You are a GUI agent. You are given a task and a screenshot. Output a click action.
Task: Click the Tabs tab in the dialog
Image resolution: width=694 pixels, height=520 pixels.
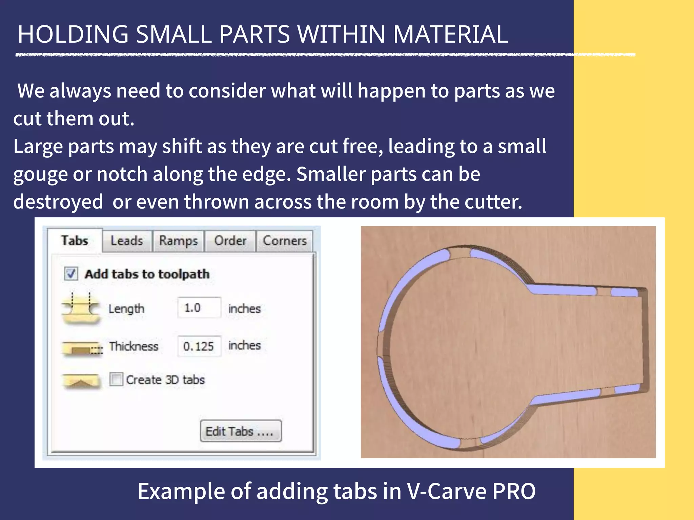click(75, 241)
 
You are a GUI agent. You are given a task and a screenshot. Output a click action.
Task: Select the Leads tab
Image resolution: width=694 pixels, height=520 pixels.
click(127, 241)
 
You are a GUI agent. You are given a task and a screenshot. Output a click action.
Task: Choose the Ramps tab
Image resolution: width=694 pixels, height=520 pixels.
click(178, 241)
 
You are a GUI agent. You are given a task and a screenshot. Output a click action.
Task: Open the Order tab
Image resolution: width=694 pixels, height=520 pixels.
click(230, 241)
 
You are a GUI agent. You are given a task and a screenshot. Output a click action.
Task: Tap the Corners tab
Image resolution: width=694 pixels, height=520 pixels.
click(284, 241)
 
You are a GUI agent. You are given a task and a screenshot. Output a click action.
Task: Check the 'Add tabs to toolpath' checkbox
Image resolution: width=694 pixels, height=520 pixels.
click(71, 274)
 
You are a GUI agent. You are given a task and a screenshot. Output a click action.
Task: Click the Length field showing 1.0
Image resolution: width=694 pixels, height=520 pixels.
click(199, 308)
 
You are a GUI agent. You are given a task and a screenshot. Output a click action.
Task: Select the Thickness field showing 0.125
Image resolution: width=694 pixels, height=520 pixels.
click(199, 346)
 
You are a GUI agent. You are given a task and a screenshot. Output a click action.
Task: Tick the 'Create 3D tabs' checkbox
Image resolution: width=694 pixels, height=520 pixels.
click(116, 379)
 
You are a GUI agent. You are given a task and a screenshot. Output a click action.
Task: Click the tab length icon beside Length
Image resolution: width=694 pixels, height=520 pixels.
click(81, 307)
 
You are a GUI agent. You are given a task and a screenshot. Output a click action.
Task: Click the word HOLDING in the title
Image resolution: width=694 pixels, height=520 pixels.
click(73, 35)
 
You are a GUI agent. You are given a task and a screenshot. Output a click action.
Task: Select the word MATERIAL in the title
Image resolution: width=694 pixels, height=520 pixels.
click(450, 35)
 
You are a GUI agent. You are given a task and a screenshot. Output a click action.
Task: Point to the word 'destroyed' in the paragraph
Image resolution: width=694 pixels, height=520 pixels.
click(58, 202)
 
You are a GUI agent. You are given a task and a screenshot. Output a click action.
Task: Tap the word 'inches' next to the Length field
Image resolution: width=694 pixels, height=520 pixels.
click(244, 309)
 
